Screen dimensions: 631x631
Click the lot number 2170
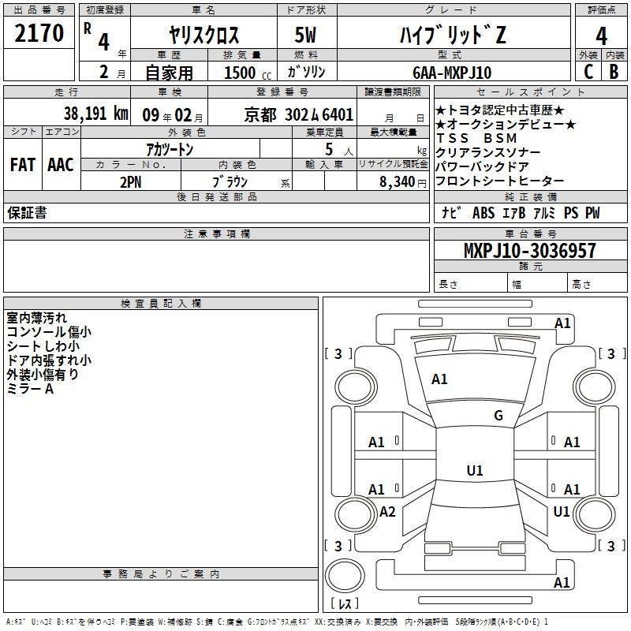pos(39,33)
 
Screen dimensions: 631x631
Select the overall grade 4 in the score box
pos(601,36)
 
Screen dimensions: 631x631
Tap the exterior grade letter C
pos(588,72)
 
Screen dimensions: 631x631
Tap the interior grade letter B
pos(614,72)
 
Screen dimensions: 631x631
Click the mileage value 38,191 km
pos(95,114)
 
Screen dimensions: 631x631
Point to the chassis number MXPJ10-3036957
pos(530,250)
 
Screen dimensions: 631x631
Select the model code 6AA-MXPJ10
pos(452,73)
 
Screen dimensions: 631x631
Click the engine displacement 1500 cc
pos(248,73)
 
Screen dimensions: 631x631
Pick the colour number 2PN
pos(131,182)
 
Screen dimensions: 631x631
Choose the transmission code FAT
pos(23,165)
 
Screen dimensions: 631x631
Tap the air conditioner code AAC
pos(61,165)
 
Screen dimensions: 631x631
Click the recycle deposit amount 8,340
pos(398,182)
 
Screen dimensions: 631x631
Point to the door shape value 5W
pos(305,35)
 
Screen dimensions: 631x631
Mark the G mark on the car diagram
pos(498,416)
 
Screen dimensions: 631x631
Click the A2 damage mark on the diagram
pos(387,511)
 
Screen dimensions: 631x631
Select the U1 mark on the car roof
pos(475,470)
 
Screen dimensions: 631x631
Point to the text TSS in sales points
pos(453,138)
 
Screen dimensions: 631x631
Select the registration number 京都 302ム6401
pos(299,115)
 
